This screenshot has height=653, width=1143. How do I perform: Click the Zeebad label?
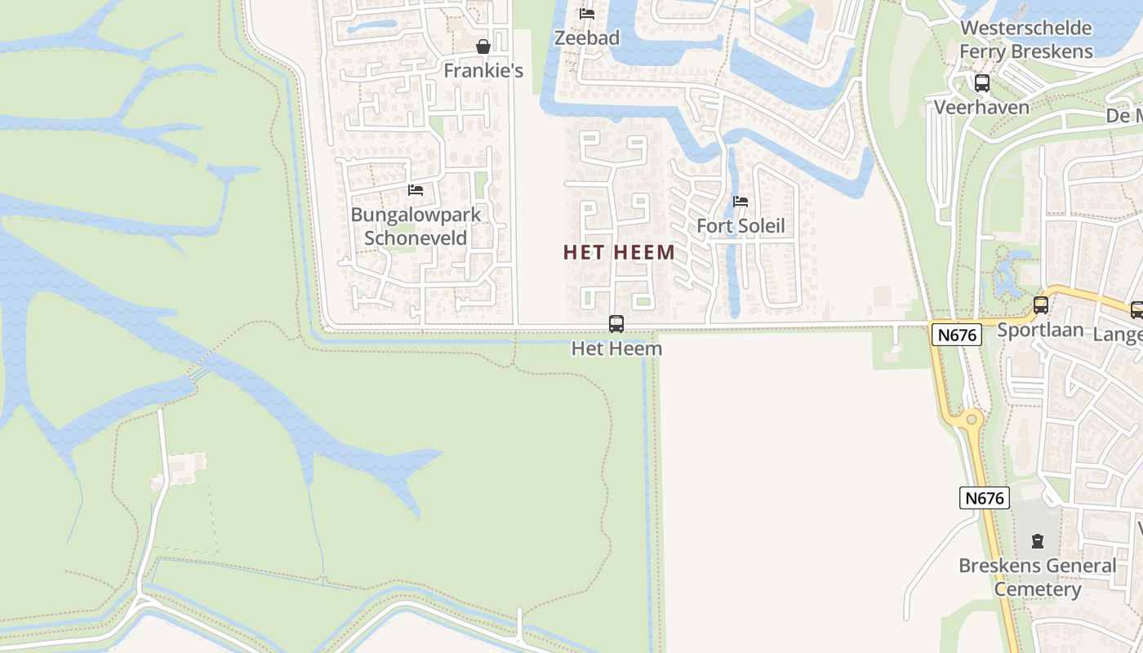pyautogui.click(x=586, y=38)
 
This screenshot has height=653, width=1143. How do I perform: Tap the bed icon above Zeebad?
pyautogui.click(x=586, y=14)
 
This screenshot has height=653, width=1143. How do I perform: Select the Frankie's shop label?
pyautogui.click(x=483, y=71)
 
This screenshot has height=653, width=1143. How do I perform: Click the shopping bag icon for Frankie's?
pyautogui.click(x=483, y=47)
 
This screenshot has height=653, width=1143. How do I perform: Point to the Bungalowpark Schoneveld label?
pyautogui.click(x=416, y=226)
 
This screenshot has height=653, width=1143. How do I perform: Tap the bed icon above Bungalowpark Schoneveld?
pyautogui.click(x=416, y=190)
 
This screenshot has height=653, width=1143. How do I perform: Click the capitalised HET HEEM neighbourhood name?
pyautogui.click(x=619, y=252)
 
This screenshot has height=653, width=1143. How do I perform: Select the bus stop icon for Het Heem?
pyautogui.click(x=616, y=324)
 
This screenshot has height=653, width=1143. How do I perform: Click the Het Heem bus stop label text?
pyautogui.click(x=616, y=349)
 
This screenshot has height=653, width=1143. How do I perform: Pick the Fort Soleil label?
pyautogui.click(x=741, y=225)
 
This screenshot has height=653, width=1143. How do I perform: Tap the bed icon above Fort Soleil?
pyautogui.click(x=741, y=202)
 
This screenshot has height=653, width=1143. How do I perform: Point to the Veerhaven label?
pyautogui.click(x=981, y=107)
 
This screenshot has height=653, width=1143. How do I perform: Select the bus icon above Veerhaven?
pyautogui.click(x=982, y=82)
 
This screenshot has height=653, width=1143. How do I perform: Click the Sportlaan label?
pyautogui.click(x=1040, y=330)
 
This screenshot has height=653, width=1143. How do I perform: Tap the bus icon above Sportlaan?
pyautogui.click(x=1041, y=305)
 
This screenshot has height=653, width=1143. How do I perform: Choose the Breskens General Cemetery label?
pyautogui.click(x=1037, y=577)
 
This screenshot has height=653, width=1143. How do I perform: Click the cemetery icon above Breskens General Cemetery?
pyautogui.click(x=1038, y=540)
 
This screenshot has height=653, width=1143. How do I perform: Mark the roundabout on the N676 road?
pyautogui.click(x=971, y=420)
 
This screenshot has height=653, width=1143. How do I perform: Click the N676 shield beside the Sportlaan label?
pyautogui.click(x=956, y=333)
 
